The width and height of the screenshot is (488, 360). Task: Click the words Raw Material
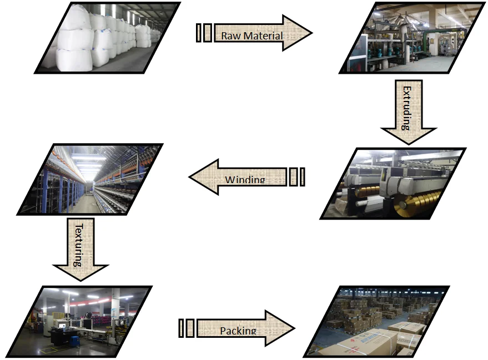tap(252, 36)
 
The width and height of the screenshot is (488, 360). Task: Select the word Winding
tap(245, 180)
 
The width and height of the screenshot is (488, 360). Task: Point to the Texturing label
tap(79, 244)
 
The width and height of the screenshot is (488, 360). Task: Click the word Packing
tap(238, 331)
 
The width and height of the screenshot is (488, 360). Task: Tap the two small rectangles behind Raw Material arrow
tap(204, 33)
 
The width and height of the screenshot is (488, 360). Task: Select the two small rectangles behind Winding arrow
tap(297, 177)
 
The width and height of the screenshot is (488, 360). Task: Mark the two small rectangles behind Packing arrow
tap(187, 328)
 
